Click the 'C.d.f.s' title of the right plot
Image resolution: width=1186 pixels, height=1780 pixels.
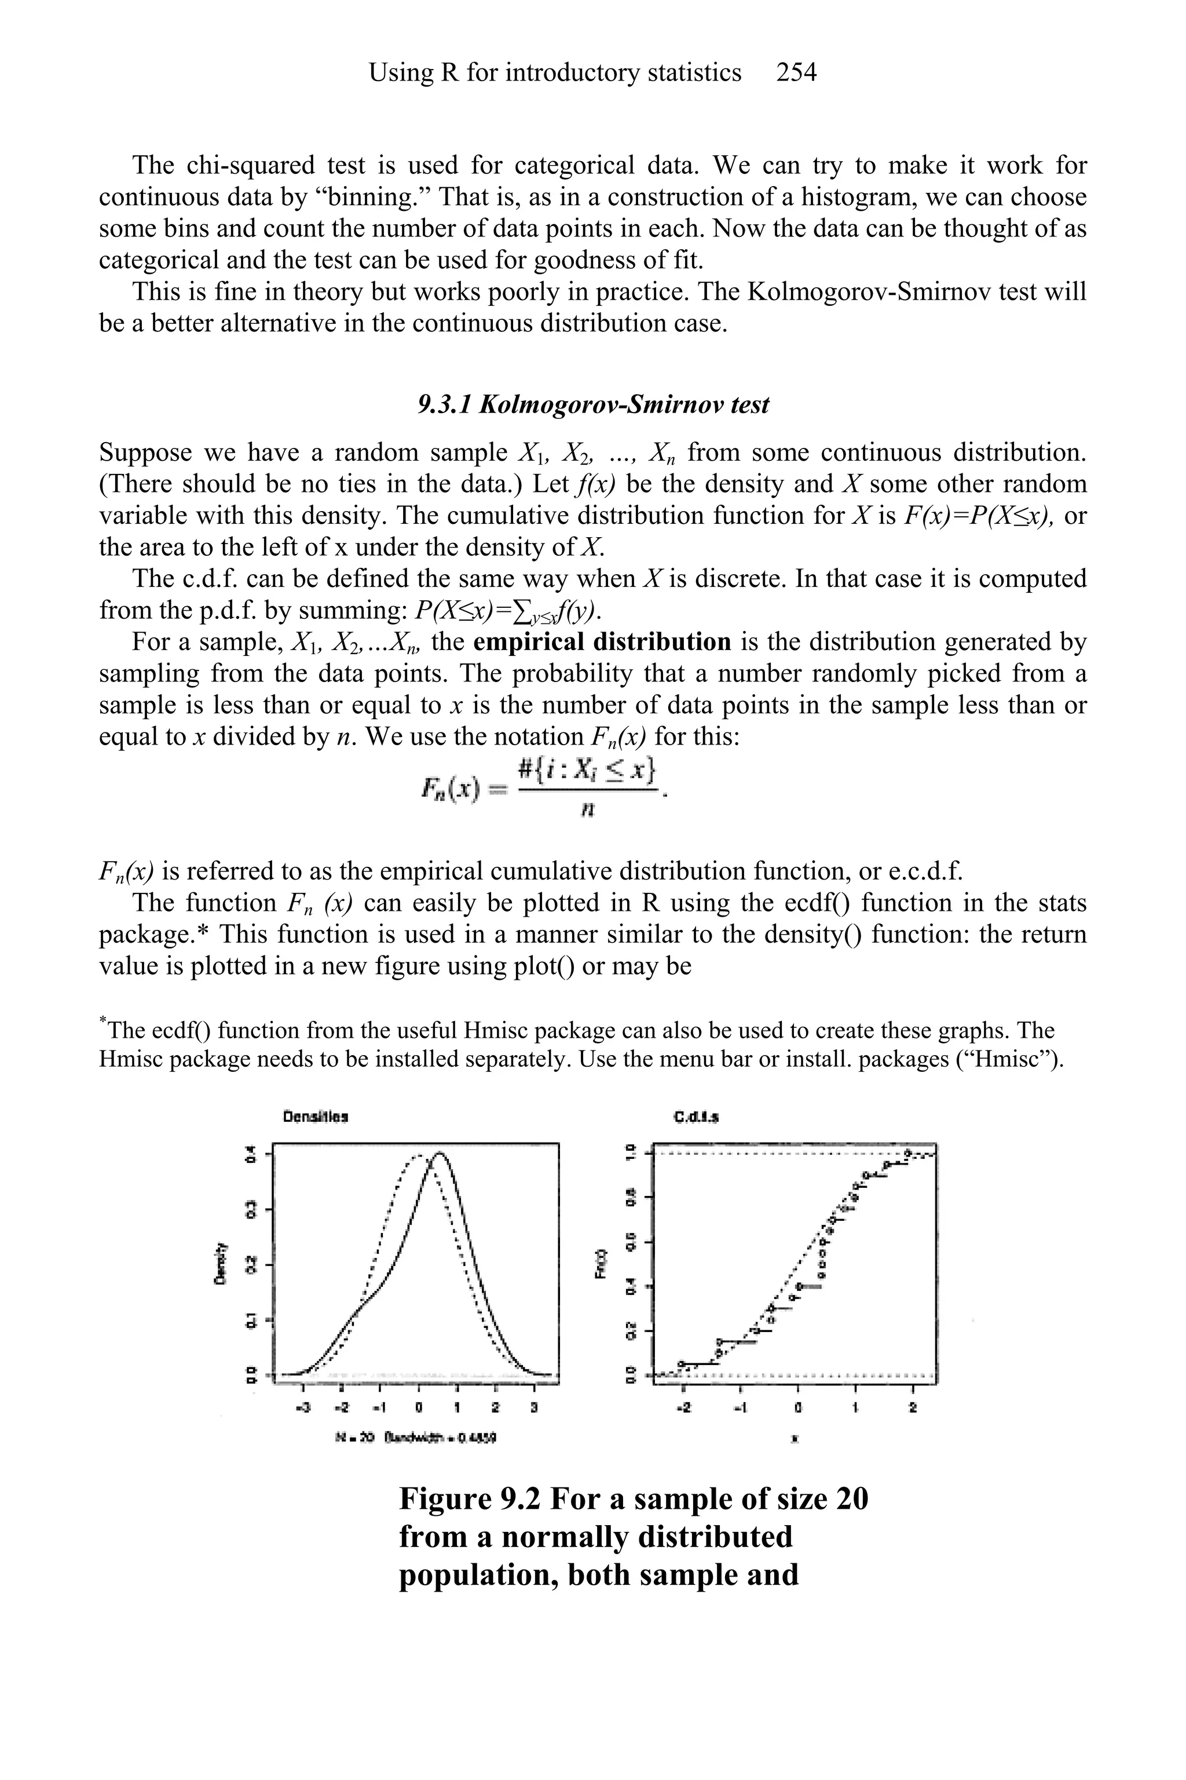click(695, 1117)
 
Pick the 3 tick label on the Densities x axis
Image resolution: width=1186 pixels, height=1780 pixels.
click(534, 1409)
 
